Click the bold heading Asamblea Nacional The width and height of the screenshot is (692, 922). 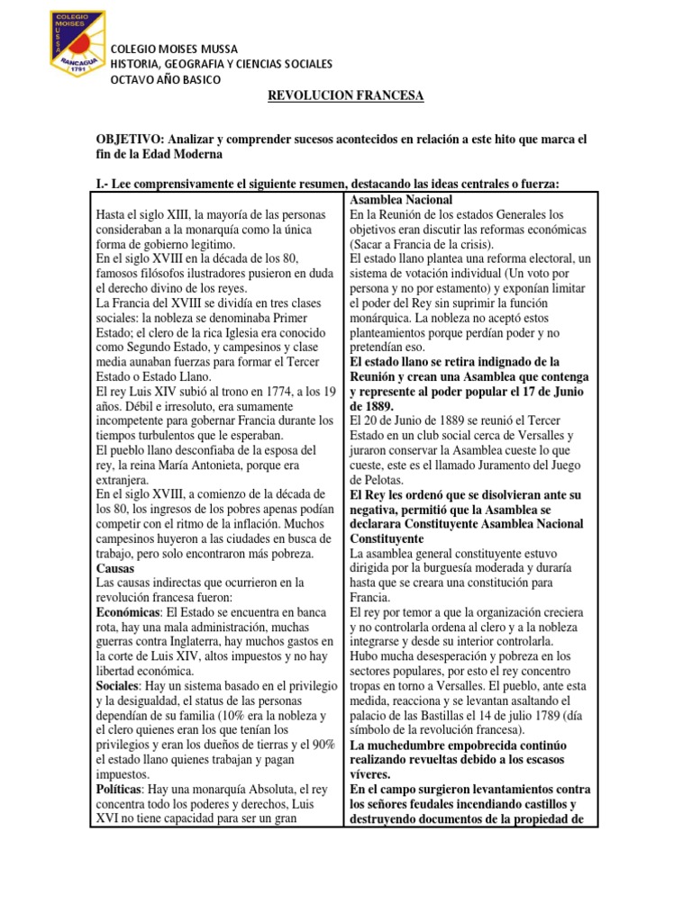[401, 199]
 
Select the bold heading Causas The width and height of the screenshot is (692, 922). [115, 569]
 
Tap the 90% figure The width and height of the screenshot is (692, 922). [322, 742]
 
